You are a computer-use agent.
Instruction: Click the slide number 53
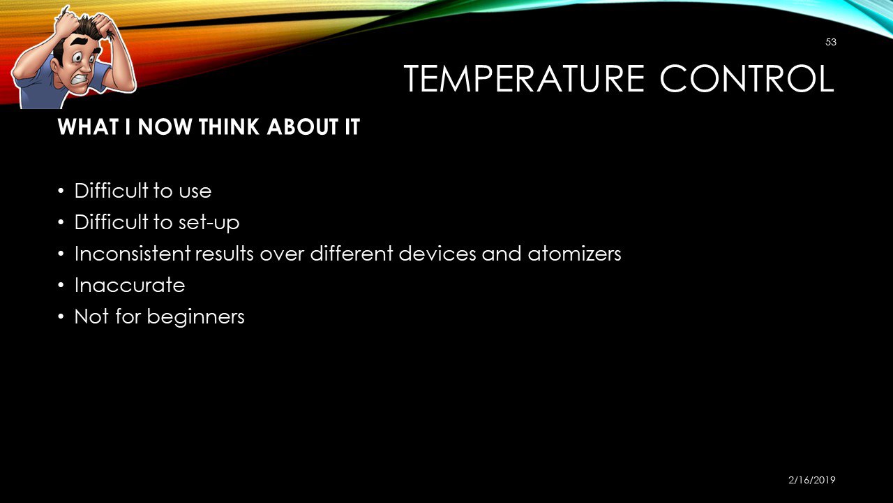831,42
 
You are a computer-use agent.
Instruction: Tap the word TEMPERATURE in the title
524,79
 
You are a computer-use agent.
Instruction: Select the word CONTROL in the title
746,79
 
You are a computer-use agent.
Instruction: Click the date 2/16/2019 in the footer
811,480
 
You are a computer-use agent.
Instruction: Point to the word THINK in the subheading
230,127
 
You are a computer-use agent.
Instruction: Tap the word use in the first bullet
195,191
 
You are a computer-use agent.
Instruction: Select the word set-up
209,223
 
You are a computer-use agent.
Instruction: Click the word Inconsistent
133,254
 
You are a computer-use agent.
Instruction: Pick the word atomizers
574,254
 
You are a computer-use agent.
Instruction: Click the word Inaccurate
130,285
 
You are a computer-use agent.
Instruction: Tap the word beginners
195,317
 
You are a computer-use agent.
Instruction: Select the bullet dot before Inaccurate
61,286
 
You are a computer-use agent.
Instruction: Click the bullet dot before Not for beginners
61,317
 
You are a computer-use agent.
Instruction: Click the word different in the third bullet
352,254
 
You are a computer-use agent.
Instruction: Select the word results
225,254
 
